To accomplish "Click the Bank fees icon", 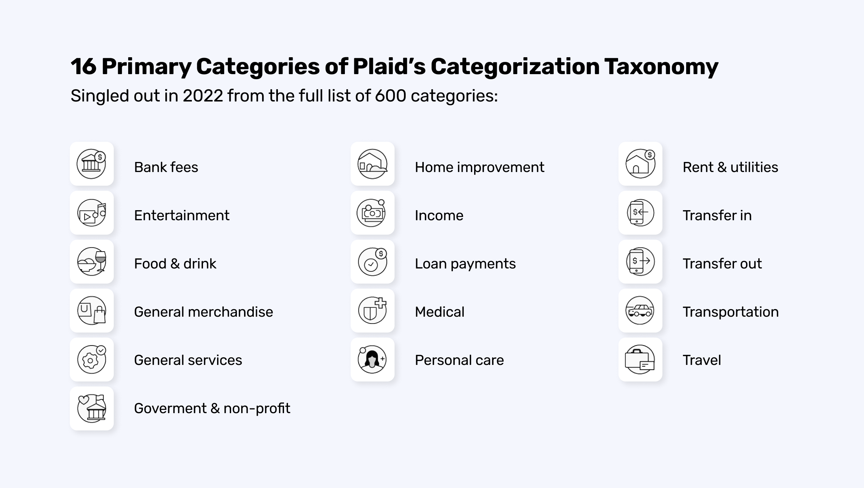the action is click(x=91, y=164).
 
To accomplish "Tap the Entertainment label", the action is click(x=181, y=216).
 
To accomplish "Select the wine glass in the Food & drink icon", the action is click(x=100, y=260).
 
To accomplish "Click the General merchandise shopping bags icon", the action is click(x=91, y=310).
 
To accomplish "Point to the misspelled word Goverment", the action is click(x=170, y=408).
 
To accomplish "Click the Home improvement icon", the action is click(x=372, y=164).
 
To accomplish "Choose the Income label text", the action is click(x=439, y=216).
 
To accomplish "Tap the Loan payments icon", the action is click(x=372, y=262).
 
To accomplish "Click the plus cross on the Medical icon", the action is click(x=380, y=303).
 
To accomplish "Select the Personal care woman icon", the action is click(x=372, y=359).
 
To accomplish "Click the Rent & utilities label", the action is click(x=730, y=167).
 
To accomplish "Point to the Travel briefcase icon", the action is click(x=639, y=360).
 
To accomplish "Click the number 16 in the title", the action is click(x=84, y=67).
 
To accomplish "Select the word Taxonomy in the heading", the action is click(x=661, y=67).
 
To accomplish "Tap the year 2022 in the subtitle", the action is click(x=203, y=96).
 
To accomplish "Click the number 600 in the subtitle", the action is click(x=391, y=96).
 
